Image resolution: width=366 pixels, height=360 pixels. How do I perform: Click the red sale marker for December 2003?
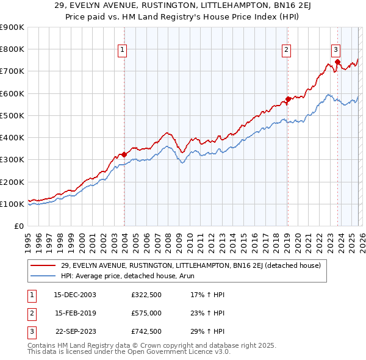tap(124, 154)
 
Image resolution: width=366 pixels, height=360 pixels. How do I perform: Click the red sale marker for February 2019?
tap(288, 99)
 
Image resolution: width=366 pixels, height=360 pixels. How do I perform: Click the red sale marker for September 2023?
tap(337, 62)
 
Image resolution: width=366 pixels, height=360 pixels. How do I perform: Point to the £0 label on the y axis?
tap(18, 226)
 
